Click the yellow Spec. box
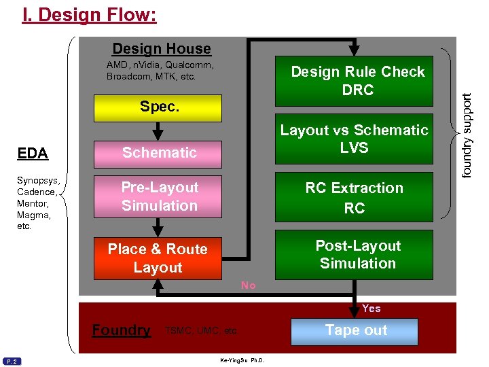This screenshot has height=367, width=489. [x=159, y=107]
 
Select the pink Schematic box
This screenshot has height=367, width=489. [x=159, y=153]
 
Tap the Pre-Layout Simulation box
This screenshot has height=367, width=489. [x=159, y=196]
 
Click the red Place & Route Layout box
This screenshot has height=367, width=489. [x=157, y=258]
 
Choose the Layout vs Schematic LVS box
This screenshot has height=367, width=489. [x=354, y=138]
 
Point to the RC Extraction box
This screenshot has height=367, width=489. [x=354, y=197]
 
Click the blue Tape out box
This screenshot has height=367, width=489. [x=355, y=331]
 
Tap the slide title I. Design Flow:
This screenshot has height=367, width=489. [x=89, y=14]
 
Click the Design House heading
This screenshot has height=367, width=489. [x=162, y=49]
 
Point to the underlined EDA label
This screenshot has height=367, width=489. [x=33, y=153]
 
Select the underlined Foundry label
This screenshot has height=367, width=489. [x=122, y=330]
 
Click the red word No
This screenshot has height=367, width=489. [x=249, y=285]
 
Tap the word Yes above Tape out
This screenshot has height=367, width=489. [x=372, y=309]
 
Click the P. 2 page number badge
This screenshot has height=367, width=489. [x=12, y=361]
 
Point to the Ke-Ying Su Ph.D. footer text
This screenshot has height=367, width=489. [x=242, y=360]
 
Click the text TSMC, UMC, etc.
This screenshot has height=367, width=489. [x=201, y=331]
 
